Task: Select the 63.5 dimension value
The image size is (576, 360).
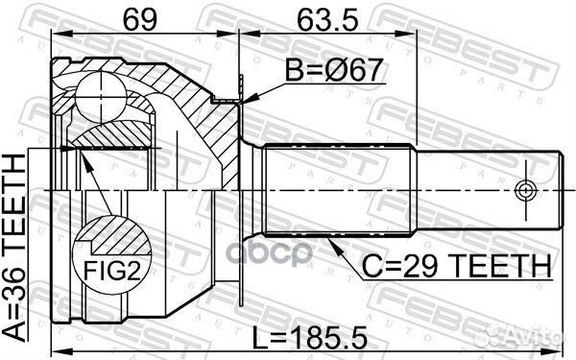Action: pyautogui.click(x=324, y=18)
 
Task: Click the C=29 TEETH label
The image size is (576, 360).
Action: pyautogui.click(x=454, y=263)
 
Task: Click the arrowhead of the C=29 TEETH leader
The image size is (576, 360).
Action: pyautogui.click(x=329, y=241)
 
